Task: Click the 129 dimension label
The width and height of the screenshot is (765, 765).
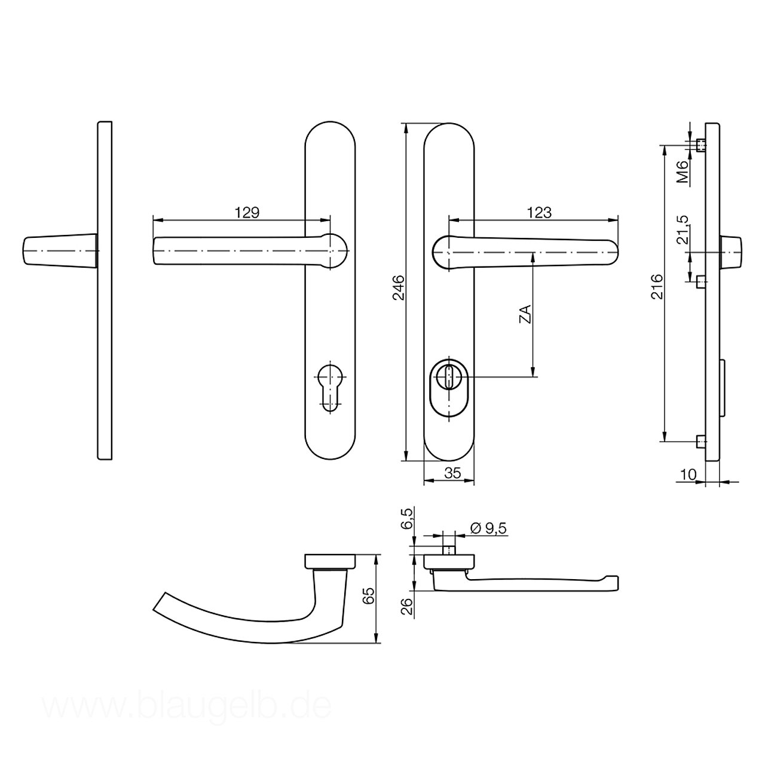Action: click(x=247, y=213)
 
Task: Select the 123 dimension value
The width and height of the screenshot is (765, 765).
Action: click(x=540, y=213)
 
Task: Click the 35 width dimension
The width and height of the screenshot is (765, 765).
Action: click(x=452, y=473)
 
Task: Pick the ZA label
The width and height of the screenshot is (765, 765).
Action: click(x=525, y=314)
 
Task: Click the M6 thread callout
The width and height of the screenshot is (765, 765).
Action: click(x=681, y=172)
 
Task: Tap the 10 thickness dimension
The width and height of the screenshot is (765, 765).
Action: click(x=688, y=474)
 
